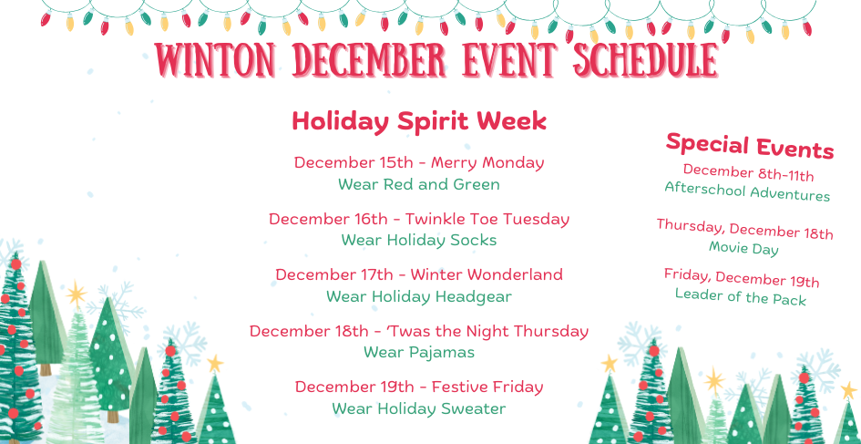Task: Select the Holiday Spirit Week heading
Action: [419, 121]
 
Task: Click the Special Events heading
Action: [750, 145]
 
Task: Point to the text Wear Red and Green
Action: [419, 184]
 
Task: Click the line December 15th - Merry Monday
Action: [419, 162]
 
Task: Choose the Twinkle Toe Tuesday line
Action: [419, 219]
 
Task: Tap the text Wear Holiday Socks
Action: [419, 241]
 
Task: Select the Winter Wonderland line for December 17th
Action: [419, 274]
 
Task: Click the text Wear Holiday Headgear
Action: [419, 296]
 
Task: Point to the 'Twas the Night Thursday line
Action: [419, 331]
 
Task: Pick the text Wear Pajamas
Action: [419, 353]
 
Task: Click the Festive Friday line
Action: [419, 387]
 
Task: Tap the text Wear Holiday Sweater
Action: [419, 408]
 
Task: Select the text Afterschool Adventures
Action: [747, 191]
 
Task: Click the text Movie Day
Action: [743, 248]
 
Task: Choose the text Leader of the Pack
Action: [741, 296]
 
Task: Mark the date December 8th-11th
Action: [748, 172]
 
